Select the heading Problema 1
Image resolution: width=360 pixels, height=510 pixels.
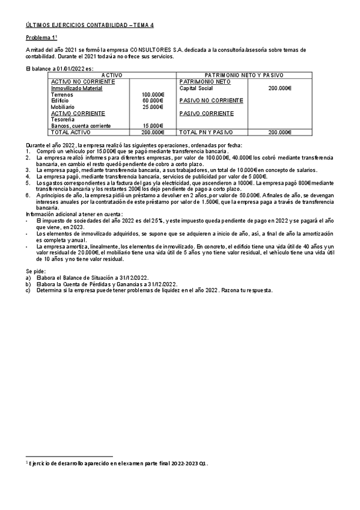42,37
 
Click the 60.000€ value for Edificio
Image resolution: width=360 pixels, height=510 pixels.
153,100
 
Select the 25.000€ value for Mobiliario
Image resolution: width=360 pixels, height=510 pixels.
153,107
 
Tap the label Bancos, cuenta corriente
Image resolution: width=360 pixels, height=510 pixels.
81,126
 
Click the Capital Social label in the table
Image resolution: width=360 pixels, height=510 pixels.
197,88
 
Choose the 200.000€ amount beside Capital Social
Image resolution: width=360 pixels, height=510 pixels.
280,88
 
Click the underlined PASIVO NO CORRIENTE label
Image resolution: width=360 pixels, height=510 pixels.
211,100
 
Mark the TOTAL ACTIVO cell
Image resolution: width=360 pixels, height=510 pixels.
70,132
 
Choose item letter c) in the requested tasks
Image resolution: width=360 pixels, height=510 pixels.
28,290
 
